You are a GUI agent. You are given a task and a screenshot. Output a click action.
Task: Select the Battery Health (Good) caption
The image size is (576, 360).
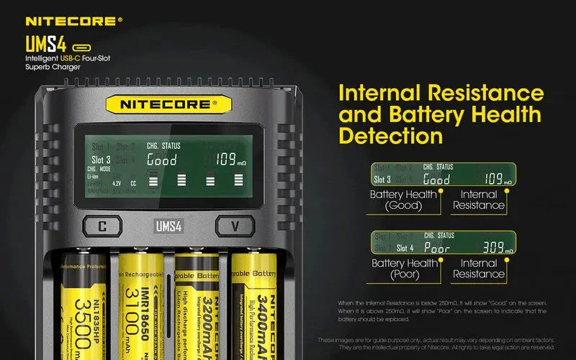pos(403,200)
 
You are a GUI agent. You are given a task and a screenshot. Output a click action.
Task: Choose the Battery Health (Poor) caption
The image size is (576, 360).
pos(403,269)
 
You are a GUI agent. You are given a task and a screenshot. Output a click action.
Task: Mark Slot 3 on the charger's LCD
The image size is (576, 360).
pos(101,160)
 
